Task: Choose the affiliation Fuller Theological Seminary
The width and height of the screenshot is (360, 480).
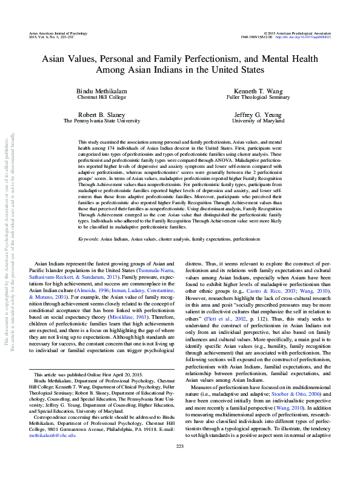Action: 250,96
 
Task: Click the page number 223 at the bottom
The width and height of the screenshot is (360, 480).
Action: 179,464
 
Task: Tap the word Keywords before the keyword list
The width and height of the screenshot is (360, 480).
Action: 89,256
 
